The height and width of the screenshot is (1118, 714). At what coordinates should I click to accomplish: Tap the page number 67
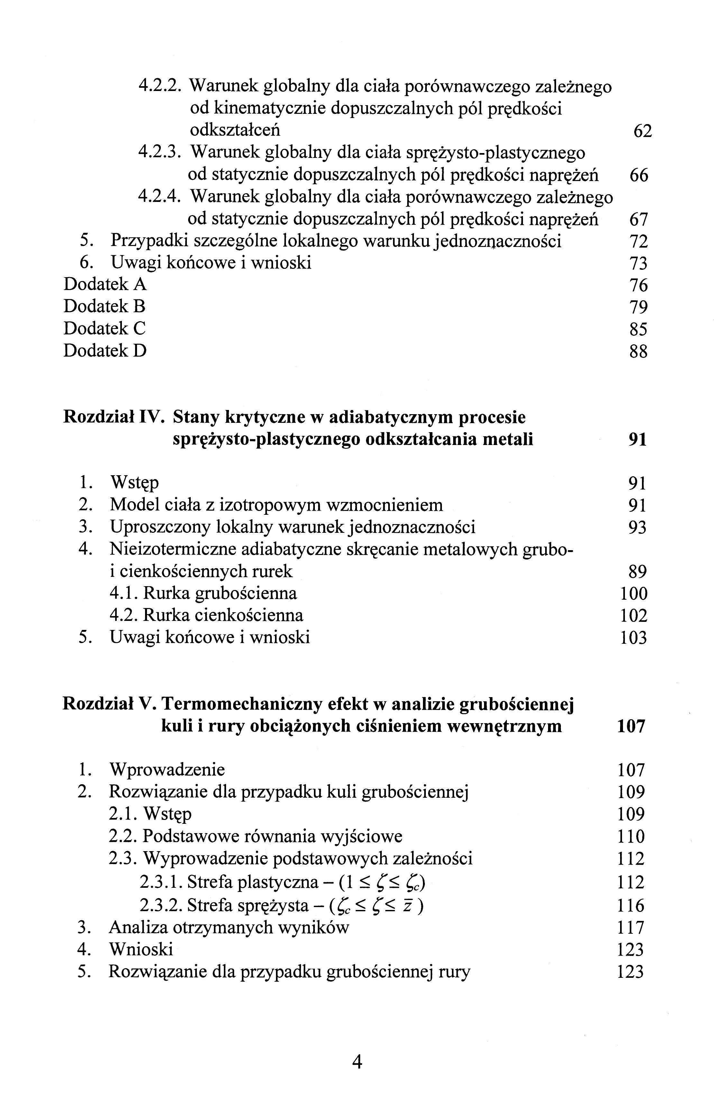pyautogui.click(x=638, y=219)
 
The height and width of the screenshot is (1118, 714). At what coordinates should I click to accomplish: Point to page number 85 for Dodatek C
pyautogui.click(x=638, y=329)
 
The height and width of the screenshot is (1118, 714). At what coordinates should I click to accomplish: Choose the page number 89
pyautogui.click(x=637, y=571)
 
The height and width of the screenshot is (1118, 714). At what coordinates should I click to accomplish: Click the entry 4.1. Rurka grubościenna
pyautogui.click(x=203, y=593)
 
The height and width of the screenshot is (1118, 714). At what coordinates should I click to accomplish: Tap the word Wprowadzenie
pyautogui.click(x=167, y=770)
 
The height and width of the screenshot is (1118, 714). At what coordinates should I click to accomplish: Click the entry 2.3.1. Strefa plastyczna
pyautogui.click(x=230, y=882)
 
